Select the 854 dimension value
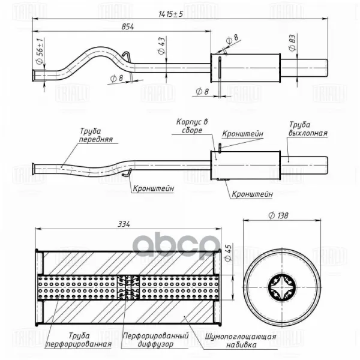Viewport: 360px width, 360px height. [127, 26]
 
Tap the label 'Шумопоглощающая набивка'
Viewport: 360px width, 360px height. [240, 340]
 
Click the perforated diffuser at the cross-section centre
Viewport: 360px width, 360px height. [128, 286]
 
